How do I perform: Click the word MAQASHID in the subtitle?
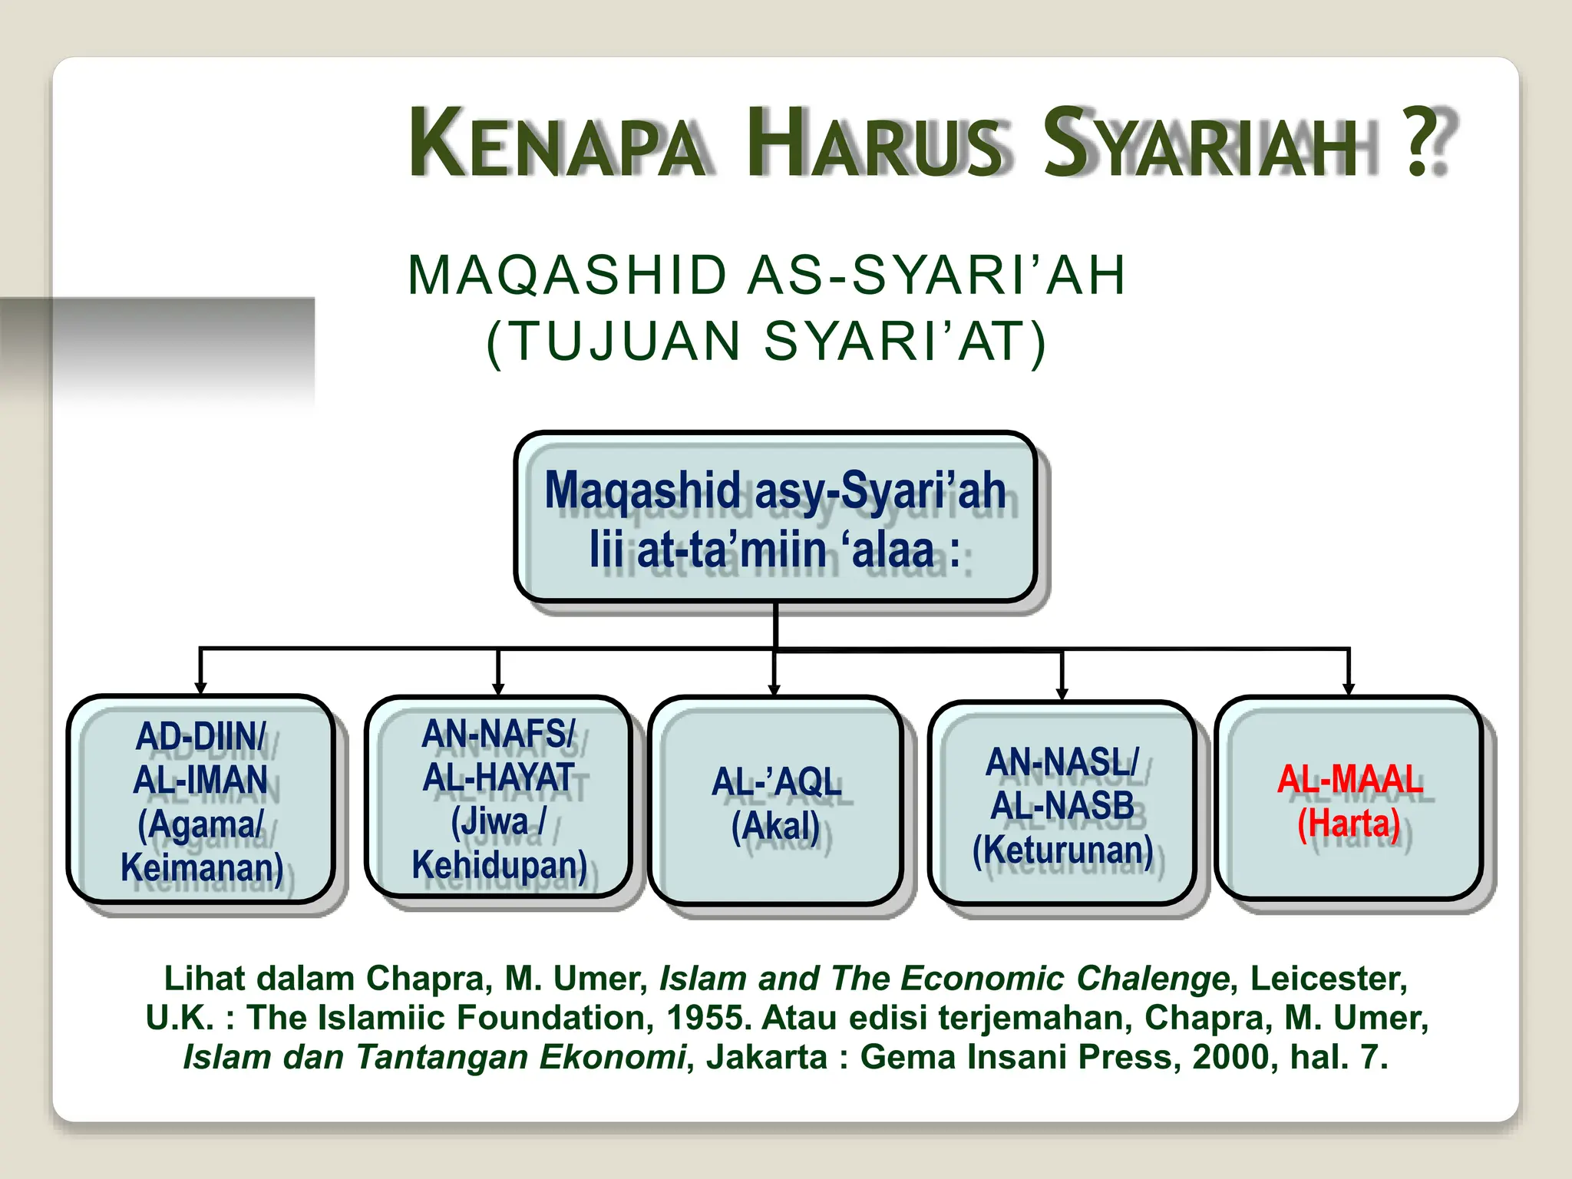[x=567, y=275]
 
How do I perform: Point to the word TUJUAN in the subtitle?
[x=626, y=341]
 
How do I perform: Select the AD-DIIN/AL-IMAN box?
[x=201, y=800]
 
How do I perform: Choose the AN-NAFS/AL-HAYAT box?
[x=498, y=798]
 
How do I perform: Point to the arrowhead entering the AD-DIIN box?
[x=201, y=688]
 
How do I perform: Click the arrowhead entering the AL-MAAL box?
[x=1349, y=689]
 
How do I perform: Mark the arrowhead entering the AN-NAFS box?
[x=498, y=688]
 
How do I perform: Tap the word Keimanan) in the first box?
[x=203, y=868]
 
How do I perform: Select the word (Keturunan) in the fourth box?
[x=1063, y=850]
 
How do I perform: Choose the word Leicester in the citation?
[x=1329, y=979]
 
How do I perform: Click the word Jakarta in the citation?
[x=767, y=1057]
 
